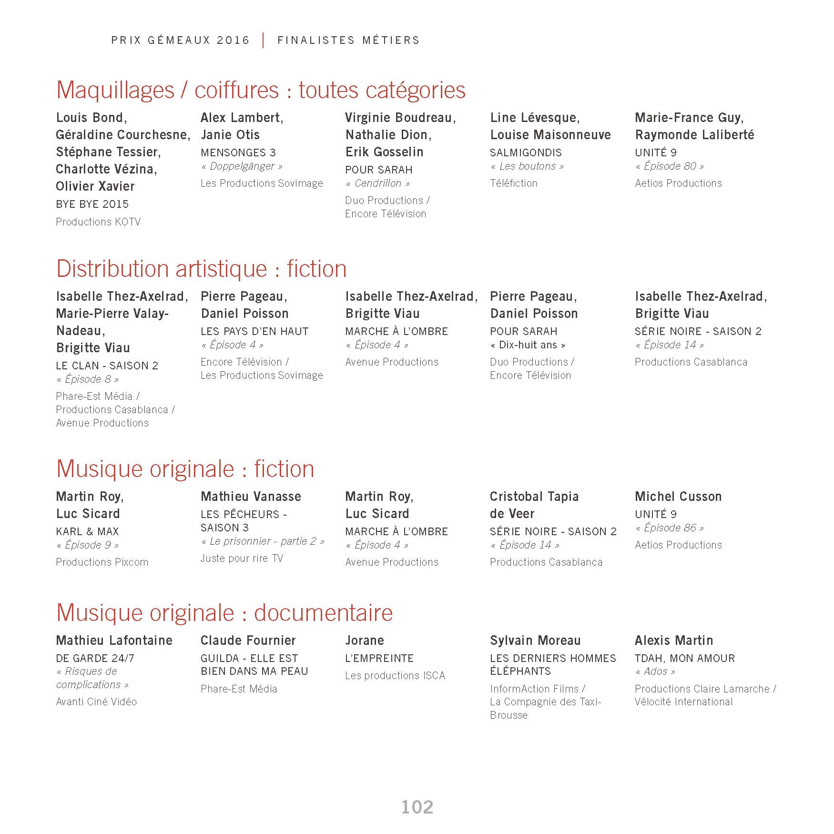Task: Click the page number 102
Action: pyautogui.click(x=417, y=807)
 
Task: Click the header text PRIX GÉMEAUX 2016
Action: pyautogui.click(x=180, y=41)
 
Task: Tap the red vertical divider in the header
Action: pyautogui.click(x=263, y=40)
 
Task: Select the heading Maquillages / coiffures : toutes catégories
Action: pyautogui.click(x=261, y=90)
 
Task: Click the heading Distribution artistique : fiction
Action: pyautogui.click(x=201, y=269)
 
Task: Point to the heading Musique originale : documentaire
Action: pyautogui.click(x=224, y=612)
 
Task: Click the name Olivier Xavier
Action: pyautogui.click(x=95, y=186)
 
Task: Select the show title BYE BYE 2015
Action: pyautogui.click(x=92, y=204)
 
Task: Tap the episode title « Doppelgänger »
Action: pyautogui.click(x=242, y=166)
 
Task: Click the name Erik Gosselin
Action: pyautogui.click(x=384, y=152)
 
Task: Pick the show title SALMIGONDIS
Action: pyautogui.click(x=526, y=153)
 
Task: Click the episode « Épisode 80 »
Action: pyautogui.click(x=670, y=166)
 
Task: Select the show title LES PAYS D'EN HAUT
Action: pyautogui.click(x=254, y=332)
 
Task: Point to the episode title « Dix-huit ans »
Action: pyautogui.click(x=528, y=345)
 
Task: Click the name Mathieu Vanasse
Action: pyautogui.click(x=251, y=497)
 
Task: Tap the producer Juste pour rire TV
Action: pyautogui.click(x=242, y=559)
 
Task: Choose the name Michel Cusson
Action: pyautogui.click(x=678, y=497)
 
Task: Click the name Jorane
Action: pyautogui.click(x=365, y=641)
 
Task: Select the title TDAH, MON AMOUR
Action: pyautogui.click(x=684, y=659)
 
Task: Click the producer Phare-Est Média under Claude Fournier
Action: pyautogui.click(x=239, y=689)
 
